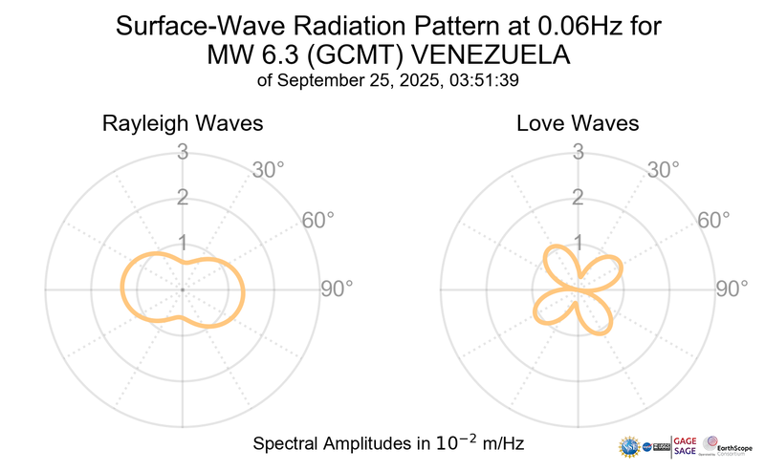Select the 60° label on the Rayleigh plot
(x=318, y=220)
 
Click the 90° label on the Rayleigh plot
(x=337, y=289)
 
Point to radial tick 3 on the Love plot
(x=578, y=151)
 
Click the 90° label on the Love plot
(x=733, y=289)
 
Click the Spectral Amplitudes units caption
(x=388, y=444)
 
